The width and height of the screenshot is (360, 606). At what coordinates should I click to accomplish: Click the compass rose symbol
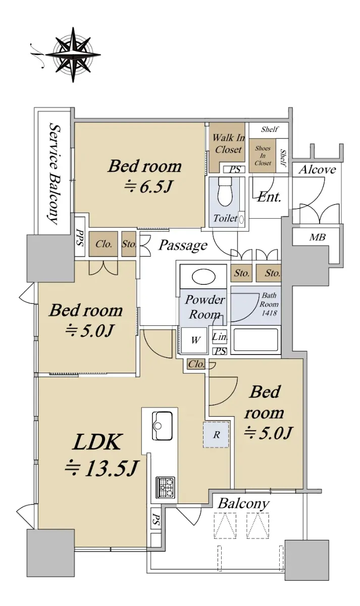tap(73, 55)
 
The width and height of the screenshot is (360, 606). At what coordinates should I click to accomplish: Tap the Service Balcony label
tap(54, 174)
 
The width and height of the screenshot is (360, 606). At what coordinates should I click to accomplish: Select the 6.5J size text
tap(148, 186)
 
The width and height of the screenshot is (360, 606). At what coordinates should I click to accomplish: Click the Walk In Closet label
tap(229, 143)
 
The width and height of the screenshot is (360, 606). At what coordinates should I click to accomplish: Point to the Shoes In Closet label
tap(263, 156)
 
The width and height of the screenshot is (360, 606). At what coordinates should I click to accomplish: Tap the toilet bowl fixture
tap(225, 191)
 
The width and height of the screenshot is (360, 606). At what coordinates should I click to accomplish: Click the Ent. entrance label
tap(269, 197)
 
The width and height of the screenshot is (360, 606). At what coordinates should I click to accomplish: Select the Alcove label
tap(317, 170)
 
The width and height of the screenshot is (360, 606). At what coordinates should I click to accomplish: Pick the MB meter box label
tap(317, 237)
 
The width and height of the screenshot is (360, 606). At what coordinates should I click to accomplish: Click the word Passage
tap(183, 245)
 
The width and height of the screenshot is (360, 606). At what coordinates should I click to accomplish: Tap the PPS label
tap(80, 237)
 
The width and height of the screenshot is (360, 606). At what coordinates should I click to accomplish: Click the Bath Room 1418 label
tap(269, 304)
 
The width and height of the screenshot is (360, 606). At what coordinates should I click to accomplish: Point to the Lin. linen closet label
tap(220, 337)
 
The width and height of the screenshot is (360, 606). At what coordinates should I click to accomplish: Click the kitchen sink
tap(162, 426)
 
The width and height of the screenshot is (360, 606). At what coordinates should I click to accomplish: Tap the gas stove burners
tap(165, 487)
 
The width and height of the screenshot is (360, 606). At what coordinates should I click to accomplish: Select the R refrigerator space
tap(216, 434)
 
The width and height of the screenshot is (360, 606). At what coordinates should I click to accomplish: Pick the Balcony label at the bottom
tap(243, 504)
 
